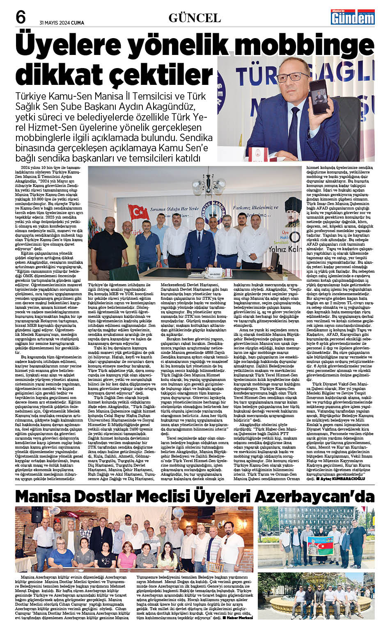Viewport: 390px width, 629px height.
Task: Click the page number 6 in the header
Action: coord(20,17)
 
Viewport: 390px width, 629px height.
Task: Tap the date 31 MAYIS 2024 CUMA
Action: coord(62,23)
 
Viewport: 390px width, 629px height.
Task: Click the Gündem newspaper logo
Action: coord(353,16)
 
